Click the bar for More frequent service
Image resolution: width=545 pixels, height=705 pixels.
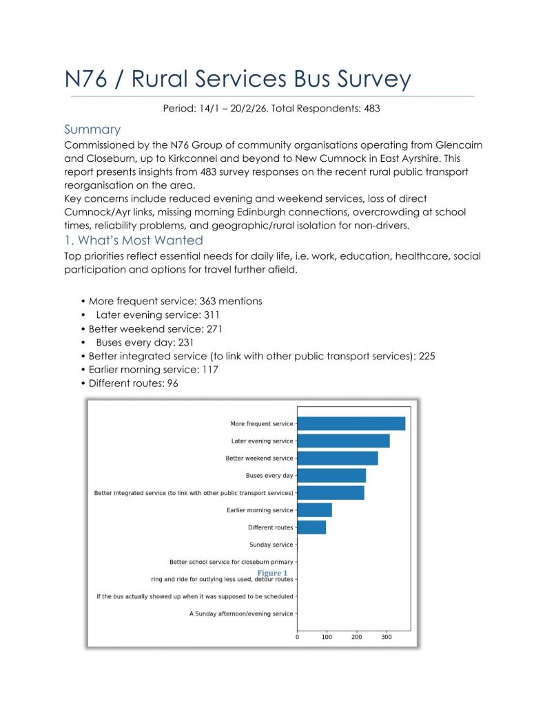351,423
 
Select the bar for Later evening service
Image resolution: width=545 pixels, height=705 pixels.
343,441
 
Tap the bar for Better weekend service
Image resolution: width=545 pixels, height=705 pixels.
337,458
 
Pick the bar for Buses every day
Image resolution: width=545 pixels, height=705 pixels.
331,475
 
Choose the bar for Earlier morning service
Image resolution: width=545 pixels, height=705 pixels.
314,510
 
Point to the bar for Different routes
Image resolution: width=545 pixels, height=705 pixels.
311,527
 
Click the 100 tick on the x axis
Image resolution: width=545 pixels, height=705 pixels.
327,638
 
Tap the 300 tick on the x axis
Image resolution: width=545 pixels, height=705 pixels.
386,638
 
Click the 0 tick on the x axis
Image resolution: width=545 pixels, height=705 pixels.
297,638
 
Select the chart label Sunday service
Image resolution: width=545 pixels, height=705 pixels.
271,545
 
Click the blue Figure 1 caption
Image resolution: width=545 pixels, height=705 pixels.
272,573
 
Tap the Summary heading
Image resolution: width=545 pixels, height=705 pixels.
92,129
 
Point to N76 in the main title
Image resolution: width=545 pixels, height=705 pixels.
89,80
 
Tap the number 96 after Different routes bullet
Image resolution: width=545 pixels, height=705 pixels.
172,383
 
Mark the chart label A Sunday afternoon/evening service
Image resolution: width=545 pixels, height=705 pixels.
241,613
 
